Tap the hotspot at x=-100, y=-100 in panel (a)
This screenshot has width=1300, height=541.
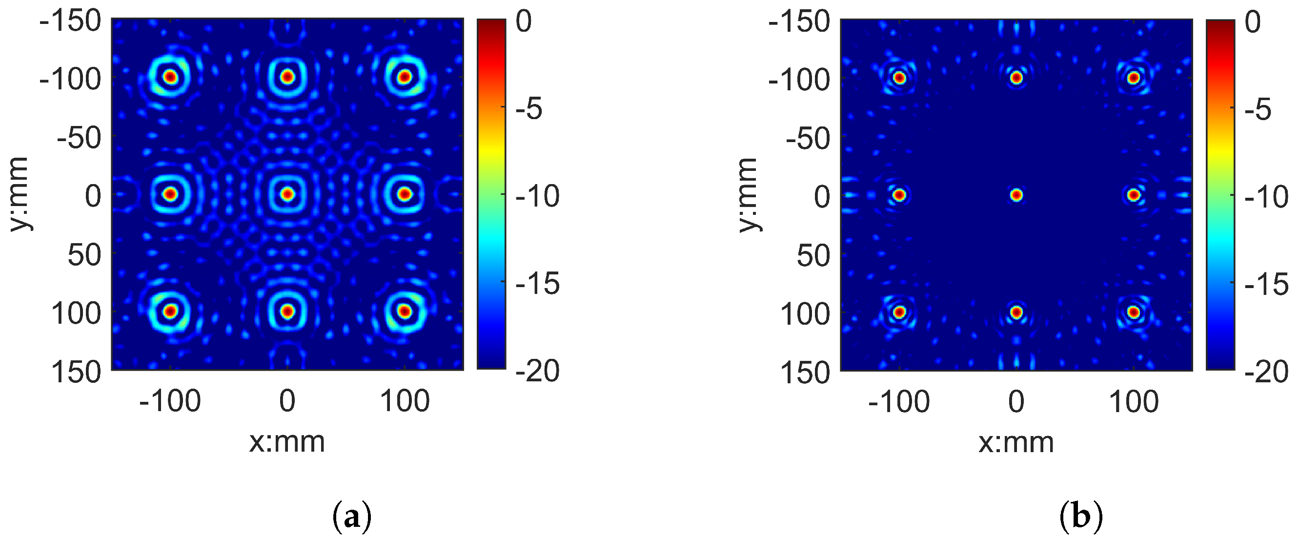click(171, 77)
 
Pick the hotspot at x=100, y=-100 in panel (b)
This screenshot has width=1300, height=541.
click(1134, 78)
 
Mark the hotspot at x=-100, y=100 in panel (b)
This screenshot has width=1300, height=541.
click(899, 312)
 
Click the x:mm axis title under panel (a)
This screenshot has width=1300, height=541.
click(286, 442)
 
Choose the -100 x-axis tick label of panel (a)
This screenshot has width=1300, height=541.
click(170, 401)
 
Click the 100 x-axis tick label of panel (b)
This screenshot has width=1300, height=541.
click(1134, 403)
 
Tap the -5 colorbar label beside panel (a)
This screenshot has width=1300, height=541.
click(528, 108)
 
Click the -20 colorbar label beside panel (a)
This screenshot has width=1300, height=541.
click(537, 371)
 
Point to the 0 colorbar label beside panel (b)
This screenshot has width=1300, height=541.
click(1253, 22)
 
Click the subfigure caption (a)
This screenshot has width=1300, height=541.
click(352, 518)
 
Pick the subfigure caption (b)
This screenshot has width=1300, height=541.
click(1081, 518)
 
